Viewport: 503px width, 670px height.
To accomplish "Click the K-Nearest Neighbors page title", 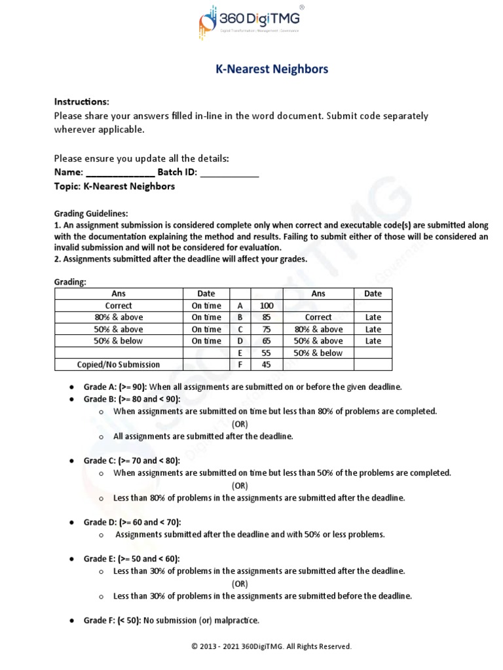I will [x=272, y=69].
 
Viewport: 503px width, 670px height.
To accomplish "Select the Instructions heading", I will [x=81, y=102].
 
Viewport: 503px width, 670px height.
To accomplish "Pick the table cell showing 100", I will [x=266, y=306].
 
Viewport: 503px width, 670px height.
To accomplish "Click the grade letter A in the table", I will [x=240, y=306].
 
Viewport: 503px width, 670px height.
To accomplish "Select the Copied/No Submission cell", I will [x=119, y=364].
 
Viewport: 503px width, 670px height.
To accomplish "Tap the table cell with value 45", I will [x=266, y=364].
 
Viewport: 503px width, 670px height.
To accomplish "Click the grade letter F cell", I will [x=240, y=364].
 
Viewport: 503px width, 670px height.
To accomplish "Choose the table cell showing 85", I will [x=266, y=317].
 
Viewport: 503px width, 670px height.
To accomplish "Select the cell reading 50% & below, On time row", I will [x=119, y=341].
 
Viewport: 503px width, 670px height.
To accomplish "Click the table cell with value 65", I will [x=266, y=341].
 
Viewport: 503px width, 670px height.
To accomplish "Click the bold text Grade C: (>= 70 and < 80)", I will [x=132, y=461].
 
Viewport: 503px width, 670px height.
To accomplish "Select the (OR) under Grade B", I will [x=240, y=424].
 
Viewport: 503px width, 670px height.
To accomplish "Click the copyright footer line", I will [x=271, y=646].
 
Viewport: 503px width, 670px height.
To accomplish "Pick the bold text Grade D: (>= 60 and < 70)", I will [x=132, y=522].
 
